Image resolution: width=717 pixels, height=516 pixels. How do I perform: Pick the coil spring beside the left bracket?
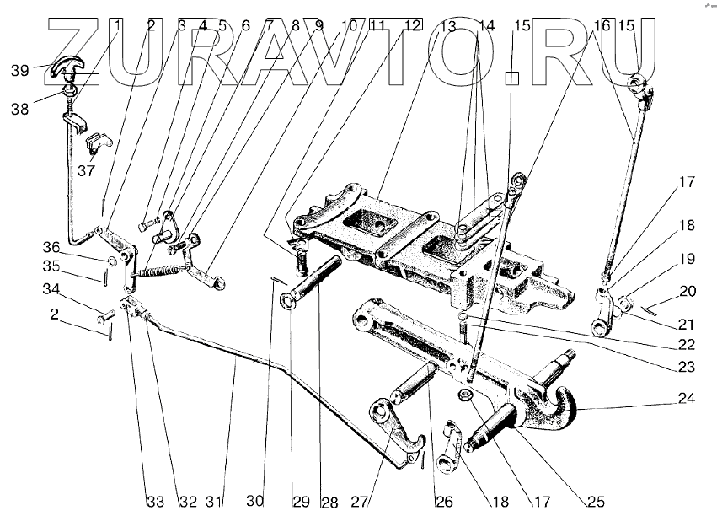[x=162, y=271]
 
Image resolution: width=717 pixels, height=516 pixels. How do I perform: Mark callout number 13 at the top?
[x=448, y=27]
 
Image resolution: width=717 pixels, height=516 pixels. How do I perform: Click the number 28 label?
[x=329, y=503]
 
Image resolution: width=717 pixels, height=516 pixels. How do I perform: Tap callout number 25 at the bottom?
[x=596, y=503]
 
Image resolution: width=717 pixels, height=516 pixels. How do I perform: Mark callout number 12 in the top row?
[x=411, y=25]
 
